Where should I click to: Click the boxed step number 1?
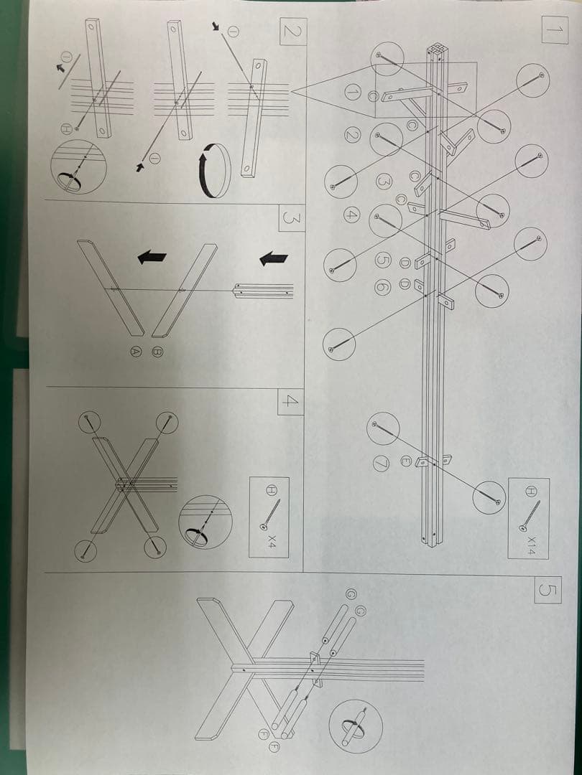point(554,29)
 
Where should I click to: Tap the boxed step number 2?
point(293,31)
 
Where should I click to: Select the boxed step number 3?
point(292,217)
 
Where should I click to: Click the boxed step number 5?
point(548,590)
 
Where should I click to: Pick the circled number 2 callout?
point(352,135)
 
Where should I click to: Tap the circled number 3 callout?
point(382,181)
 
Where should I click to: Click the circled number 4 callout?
point(351,215)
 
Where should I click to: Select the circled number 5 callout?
point(383,261)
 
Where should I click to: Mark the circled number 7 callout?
point(381,464)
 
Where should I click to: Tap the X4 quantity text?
point(272,541)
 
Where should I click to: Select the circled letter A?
point(135,352)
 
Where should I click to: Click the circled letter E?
point(405,460)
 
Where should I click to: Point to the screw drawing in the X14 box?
point(530,516)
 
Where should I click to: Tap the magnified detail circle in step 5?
point(356,726)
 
